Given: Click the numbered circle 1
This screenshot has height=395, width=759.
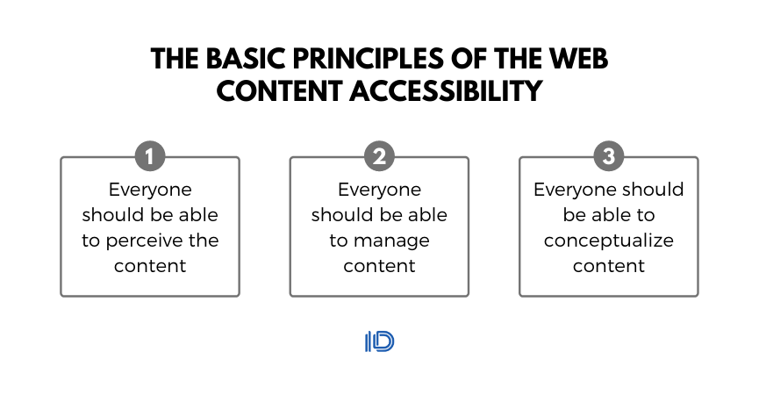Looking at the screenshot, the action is (150, 156).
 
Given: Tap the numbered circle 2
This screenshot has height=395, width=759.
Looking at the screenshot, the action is (379, 156).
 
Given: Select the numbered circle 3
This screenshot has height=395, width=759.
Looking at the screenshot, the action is (609, 156).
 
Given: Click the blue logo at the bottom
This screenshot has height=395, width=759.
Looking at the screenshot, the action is (379, 341).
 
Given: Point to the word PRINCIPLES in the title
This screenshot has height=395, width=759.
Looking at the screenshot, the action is (369, 59).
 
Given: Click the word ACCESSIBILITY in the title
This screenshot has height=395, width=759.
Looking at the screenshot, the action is (446, 91).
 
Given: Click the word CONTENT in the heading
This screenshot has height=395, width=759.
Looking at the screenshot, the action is (279, 91).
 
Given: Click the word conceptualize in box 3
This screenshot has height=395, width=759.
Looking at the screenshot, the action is (609, 241).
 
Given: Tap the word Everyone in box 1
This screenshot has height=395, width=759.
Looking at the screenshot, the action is (150, 190).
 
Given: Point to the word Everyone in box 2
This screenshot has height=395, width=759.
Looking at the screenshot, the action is (379, 190).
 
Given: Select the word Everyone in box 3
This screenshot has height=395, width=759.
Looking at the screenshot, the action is (575, 190).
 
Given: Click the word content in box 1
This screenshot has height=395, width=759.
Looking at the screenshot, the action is (150, 266).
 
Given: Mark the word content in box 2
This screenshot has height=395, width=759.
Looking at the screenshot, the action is (379, 266).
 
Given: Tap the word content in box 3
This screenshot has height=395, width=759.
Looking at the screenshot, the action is (609, 266).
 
